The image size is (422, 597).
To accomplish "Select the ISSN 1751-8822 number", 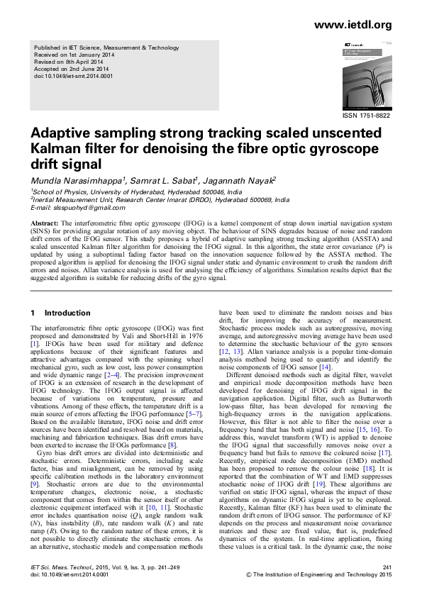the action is (367, 115).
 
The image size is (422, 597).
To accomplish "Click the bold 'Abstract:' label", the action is (43, 223).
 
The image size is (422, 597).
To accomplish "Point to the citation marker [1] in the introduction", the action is (34, 343).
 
